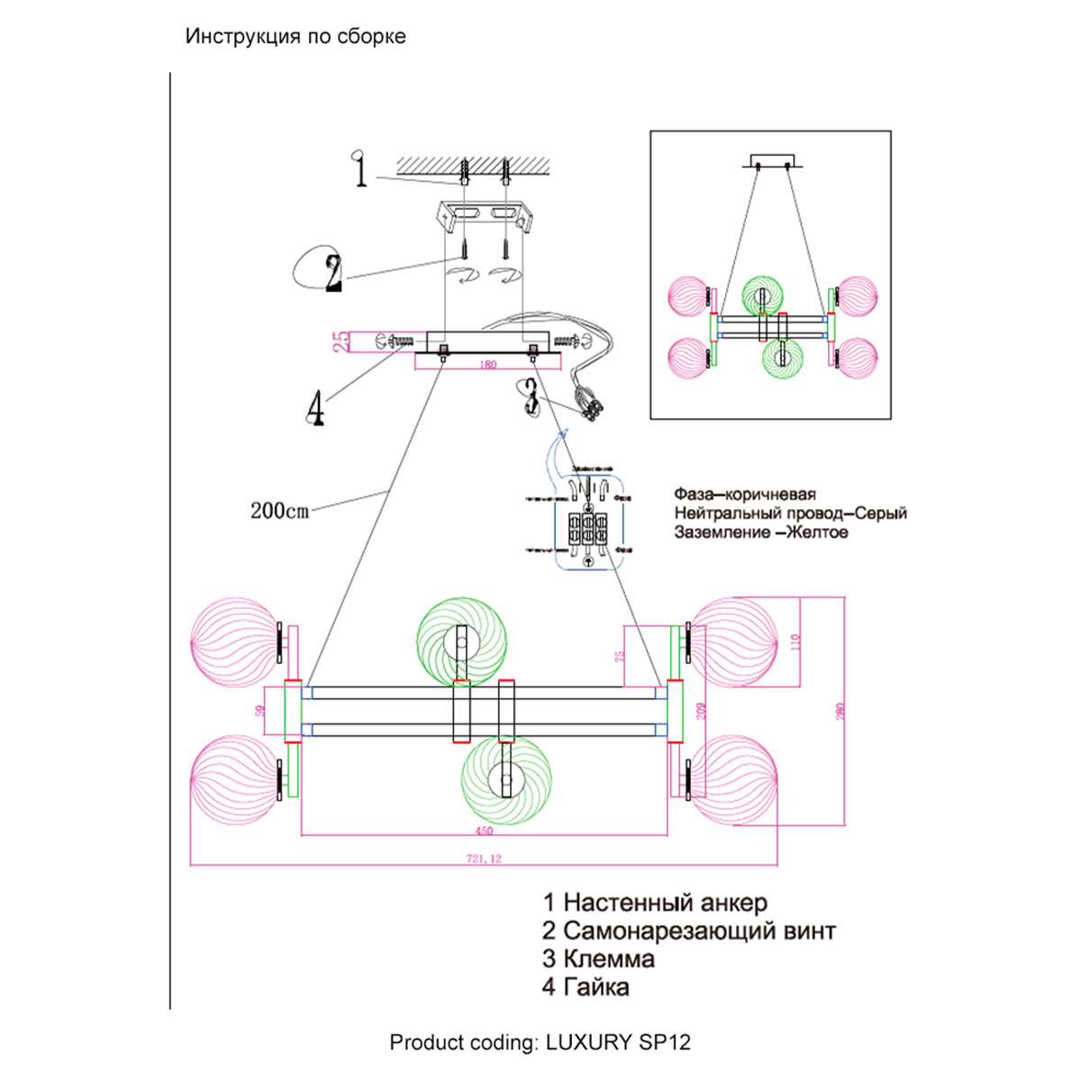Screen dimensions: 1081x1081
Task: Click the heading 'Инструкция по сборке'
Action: [x=295, y=37]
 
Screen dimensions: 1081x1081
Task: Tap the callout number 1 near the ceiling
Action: [x=360, y=170]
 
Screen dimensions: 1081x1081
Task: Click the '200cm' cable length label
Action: [x=279, y=511]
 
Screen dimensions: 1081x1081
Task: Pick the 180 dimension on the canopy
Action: [x=487, y=365]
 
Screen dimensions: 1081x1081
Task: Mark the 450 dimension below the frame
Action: [x=485, y=830]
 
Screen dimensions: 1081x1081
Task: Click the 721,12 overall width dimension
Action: [x=484, y=858]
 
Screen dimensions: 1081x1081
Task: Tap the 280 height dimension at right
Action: [x=840, y=711]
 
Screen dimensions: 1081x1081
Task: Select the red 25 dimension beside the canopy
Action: [x=341, y=341]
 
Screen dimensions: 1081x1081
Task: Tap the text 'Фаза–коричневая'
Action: [x=745, y=495]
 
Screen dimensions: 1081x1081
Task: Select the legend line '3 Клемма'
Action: [x=598, y=959]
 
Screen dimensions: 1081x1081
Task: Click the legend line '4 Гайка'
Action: [x=586, y=987]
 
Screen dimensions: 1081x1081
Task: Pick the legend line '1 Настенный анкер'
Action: [x=655, y=903]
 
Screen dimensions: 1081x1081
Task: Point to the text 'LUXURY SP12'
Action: [x=618, y=1043]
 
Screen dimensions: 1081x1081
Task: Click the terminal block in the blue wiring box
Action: [x=588, y=531]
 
